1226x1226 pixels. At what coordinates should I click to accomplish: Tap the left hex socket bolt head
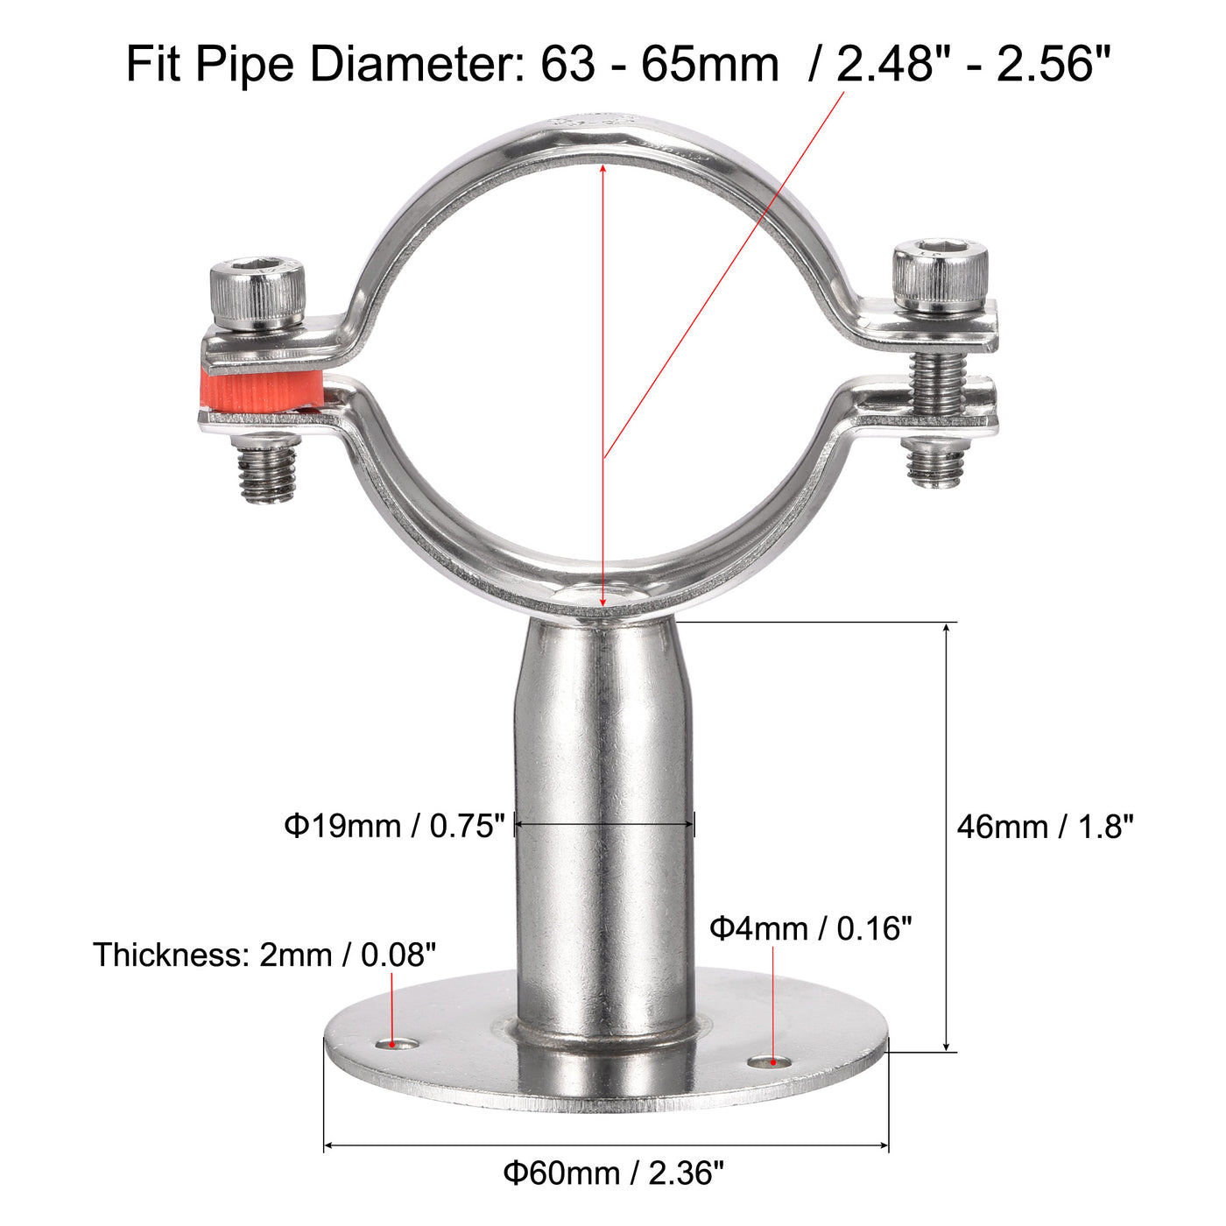point(257,292)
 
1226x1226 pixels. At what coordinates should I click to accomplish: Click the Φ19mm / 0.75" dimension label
point(394,826)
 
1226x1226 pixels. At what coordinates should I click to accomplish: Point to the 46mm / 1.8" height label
point(1045,827)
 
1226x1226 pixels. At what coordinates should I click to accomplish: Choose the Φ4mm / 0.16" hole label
point(810,928)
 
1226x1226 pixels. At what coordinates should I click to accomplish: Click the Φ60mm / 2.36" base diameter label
point(613,1173)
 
